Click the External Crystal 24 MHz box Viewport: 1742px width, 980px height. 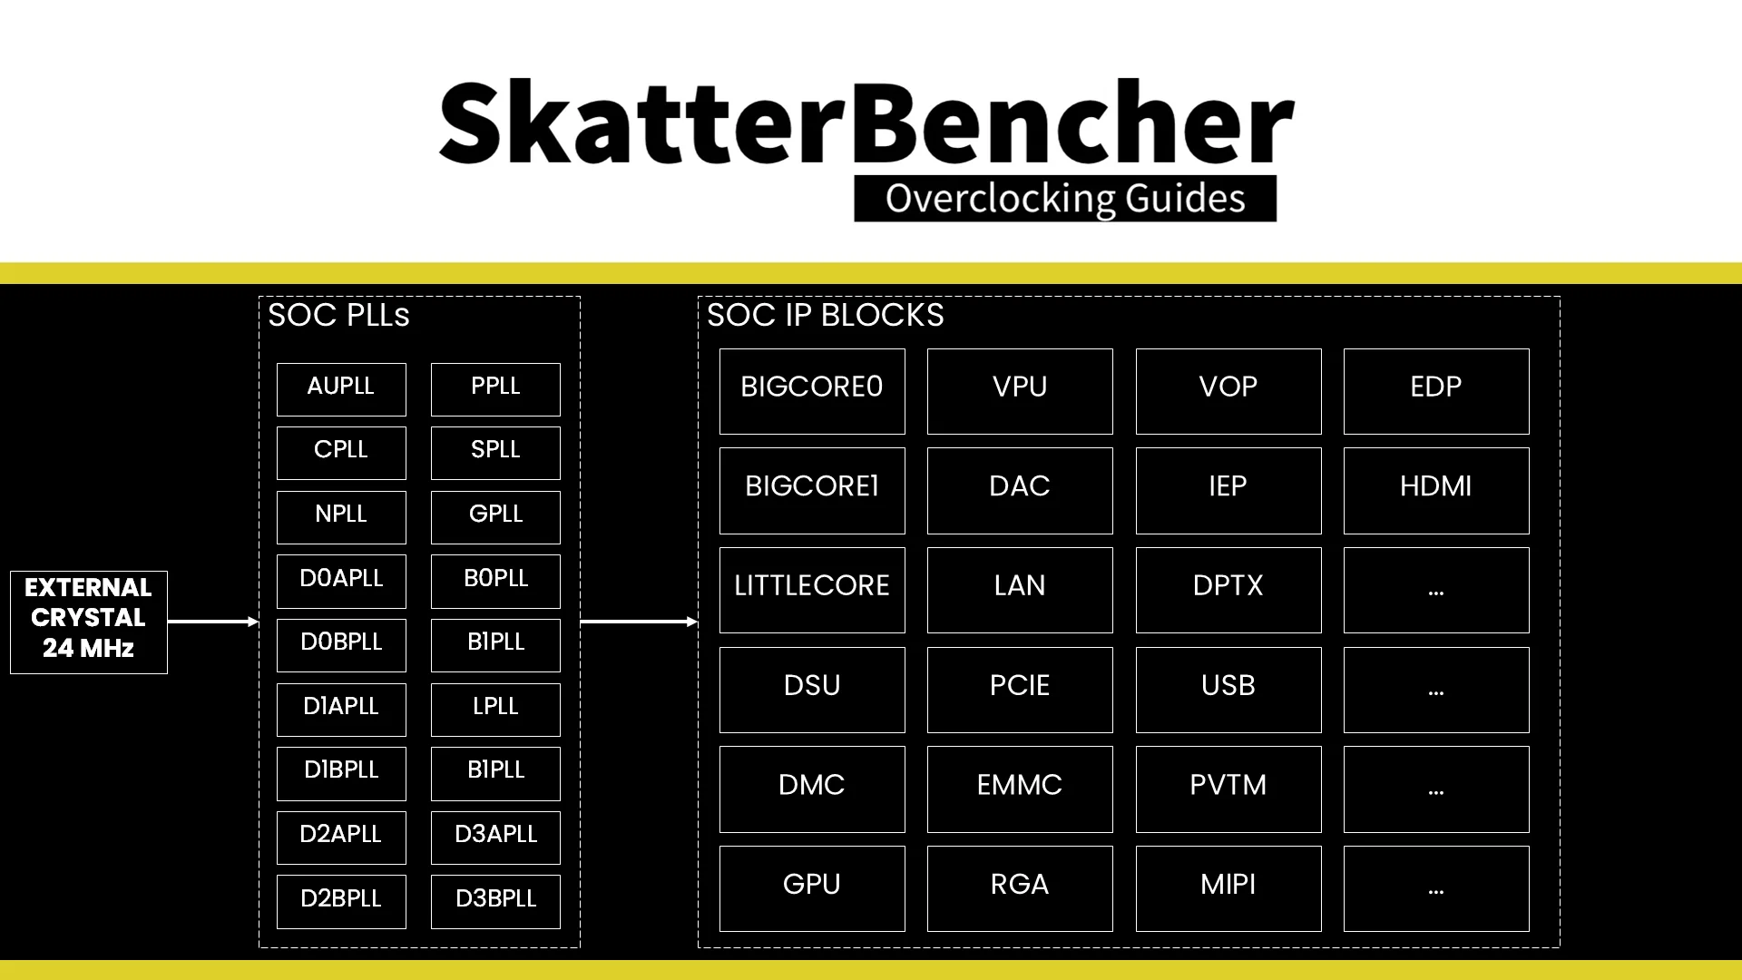click(x=89, y=622)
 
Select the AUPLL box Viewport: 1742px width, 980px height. click(x=341, y=389)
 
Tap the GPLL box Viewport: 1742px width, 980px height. click(x=495, y=517)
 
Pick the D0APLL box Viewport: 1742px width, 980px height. click(x=341, y=581)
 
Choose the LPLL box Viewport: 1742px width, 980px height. click(x=495, y=710)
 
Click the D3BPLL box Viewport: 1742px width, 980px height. click(x=495, y=902)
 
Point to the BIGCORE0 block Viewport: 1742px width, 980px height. click(x=812, y=391)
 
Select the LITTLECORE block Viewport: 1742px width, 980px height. click(x=812, y=590)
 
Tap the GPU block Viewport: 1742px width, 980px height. click(x=812, y=888)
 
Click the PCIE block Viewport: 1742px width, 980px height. click(x=1020, y=690)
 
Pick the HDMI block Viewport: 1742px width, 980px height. click(x=1436, y=491)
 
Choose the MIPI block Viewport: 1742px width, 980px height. click(x=1228, y=888)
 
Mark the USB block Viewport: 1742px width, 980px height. click(x=1228, y=690)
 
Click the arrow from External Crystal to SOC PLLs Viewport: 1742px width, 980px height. click(x=213, y=622)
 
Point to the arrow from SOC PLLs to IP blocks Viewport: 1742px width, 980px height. click(x=639, y=622)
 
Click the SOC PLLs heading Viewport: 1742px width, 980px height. click(x=338, y=315)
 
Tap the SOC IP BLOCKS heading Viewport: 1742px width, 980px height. click(x=825, y=315)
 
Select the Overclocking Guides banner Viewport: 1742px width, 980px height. click(x=1065, y=199)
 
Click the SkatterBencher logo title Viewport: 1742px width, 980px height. click(x=866, y=122)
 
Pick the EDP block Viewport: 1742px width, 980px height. click(x=1436, y=391)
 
